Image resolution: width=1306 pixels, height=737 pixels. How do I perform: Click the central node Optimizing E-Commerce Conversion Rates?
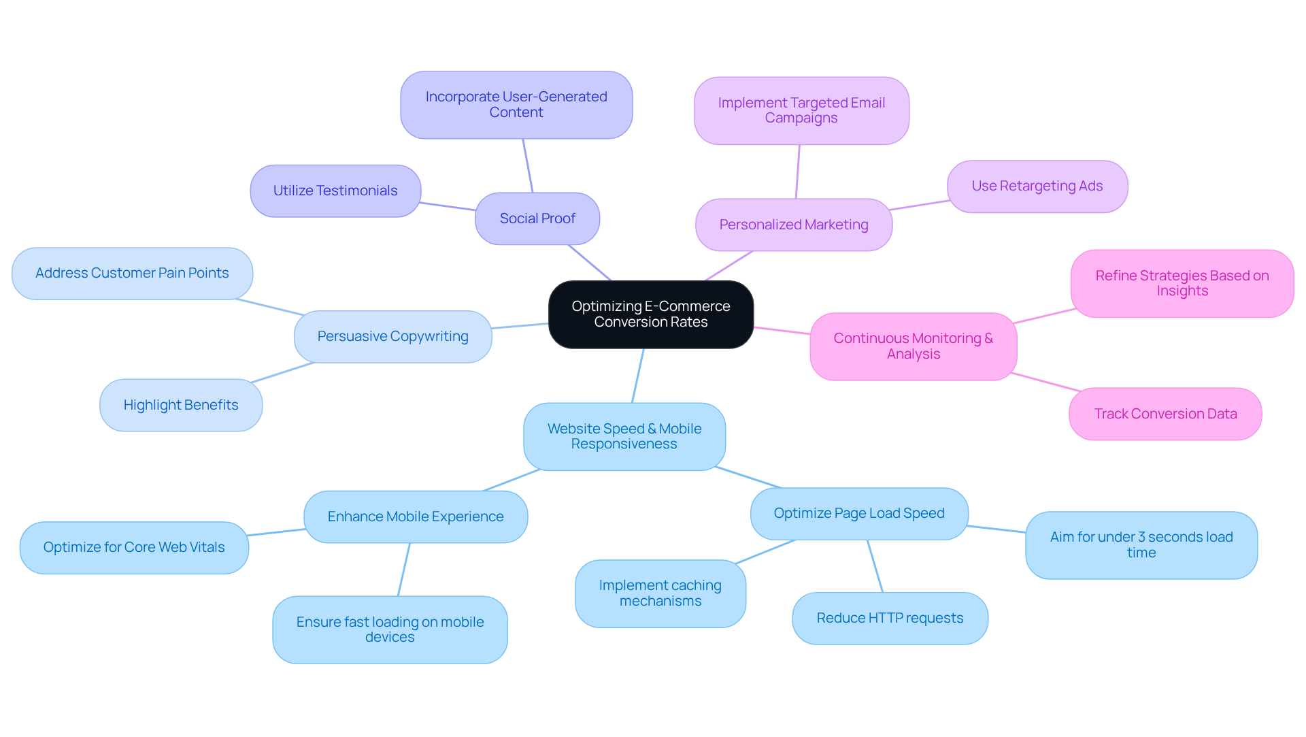pyautogui.click(x=650, y=314)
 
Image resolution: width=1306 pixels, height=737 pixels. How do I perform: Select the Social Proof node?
pyautogui.click(x=537, y=218)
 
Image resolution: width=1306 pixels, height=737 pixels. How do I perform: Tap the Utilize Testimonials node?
pyautogui.click(x=335, y=191)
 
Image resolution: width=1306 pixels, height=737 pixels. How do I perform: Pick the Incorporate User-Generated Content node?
pyautogui.click(x=516, y=105)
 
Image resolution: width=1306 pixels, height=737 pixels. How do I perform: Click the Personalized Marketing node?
pyautogui.click(x=793, y=225)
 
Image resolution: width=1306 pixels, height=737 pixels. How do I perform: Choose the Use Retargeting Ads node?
pyautogui.click(x=1037, y=186)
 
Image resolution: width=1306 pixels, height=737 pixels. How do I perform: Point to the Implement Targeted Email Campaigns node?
pyautogui.click(x=801, y=110)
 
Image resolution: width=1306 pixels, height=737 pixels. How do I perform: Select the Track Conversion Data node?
pyautogui.click(x=1165, y=414)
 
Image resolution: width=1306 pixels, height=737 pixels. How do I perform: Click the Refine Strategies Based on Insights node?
pyautogui.click(x=1182, y=283)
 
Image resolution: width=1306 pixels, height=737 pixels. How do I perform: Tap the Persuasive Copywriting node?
pyautogui.click(x=392, y=336)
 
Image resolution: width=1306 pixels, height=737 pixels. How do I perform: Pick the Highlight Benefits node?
pyautogui.click(x=181, y=405)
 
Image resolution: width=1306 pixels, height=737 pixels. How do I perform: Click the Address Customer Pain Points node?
pyautogui.click(x=132, y=273)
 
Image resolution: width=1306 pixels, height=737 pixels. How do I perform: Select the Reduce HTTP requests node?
pyautogui.click(x=890, y=618)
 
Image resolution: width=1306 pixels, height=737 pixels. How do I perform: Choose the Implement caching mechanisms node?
pyautogui.click(x=660, y=593)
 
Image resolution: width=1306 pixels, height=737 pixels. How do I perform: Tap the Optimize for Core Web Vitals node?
pyautogui.click(x=134, y=547)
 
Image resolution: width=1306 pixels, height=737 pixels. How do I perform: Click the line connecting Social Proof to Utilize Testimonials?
pyautogui.click(x=448, y=206)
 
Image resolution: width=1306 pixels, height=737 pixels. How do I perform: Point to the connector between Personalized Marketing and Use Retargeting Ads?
pyautogui.click(x=920, y=205)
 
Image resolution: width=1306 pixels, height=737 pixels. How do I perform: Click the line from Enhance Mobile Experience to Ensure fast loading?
pyautogui.click(x=404, y=570)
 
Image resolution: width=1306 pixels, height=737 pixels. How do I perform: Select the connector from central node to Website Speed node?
pyautogui.click(x=638, y=376)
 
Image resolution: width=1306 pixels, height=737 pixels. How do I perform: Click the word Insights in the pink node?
pyautogui.click(x=1182, y=291)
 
